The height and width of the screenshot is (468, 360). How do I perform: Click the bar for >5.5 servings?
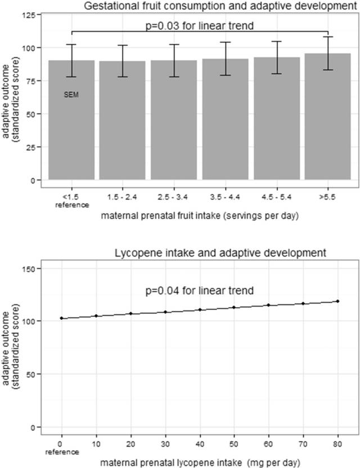point(327,118)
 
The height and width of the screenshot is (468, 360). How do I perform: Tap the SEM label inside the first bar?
point(71,95)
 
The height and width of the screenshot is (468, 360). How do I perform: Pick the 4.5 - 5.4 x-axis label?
point(276,196)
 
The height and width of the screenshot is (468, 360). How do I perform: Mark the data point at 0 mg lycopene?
point(61,318)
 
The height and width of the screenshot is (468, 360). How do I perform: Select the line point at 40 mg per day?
point(200,310)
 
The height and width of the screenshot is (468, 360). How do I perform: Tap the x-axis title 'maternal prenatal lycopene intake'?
point(200,462)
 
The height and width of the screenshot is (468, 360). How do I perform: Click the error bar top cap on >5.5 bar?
point(327,37)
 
